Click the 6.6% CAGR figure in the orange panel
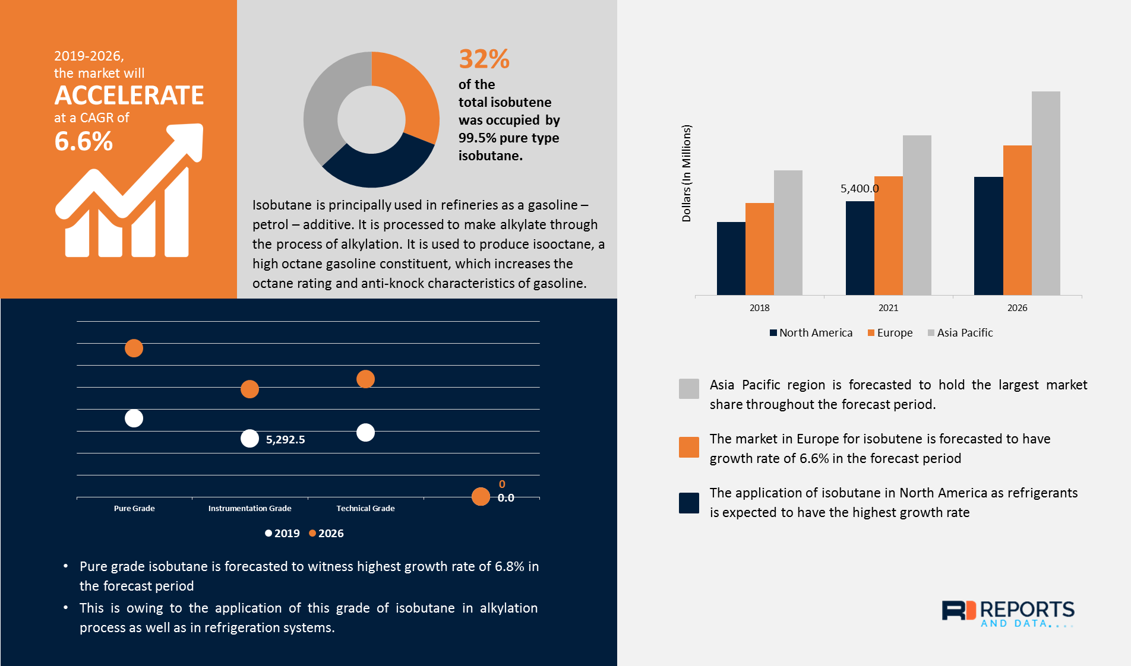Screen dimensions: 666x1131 point(83,141)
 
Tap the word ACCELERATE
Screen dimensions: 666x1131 point(129,96)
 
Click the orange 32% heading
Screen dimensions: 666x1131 point(484,59)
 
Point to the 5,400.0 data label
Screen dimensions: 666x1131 point(859,189)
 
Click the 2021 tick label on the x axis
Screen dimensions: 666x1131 point(888,307)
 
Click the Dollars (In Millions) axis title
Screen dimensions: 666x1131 point(687,173)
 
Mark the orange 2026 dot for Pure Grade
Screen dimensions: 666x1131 point(134,348)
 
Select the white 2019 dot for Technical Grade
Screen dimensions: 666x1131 point(365,433)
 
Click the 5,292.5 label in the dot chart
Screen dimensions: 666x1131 point(285,440)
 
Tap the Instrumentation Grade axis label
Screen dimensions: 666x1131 point(249,509)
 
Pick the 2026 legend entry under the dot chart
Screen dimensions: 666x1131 point(326,534)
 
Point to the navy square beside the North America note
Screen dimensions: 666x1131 point(689,503)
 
